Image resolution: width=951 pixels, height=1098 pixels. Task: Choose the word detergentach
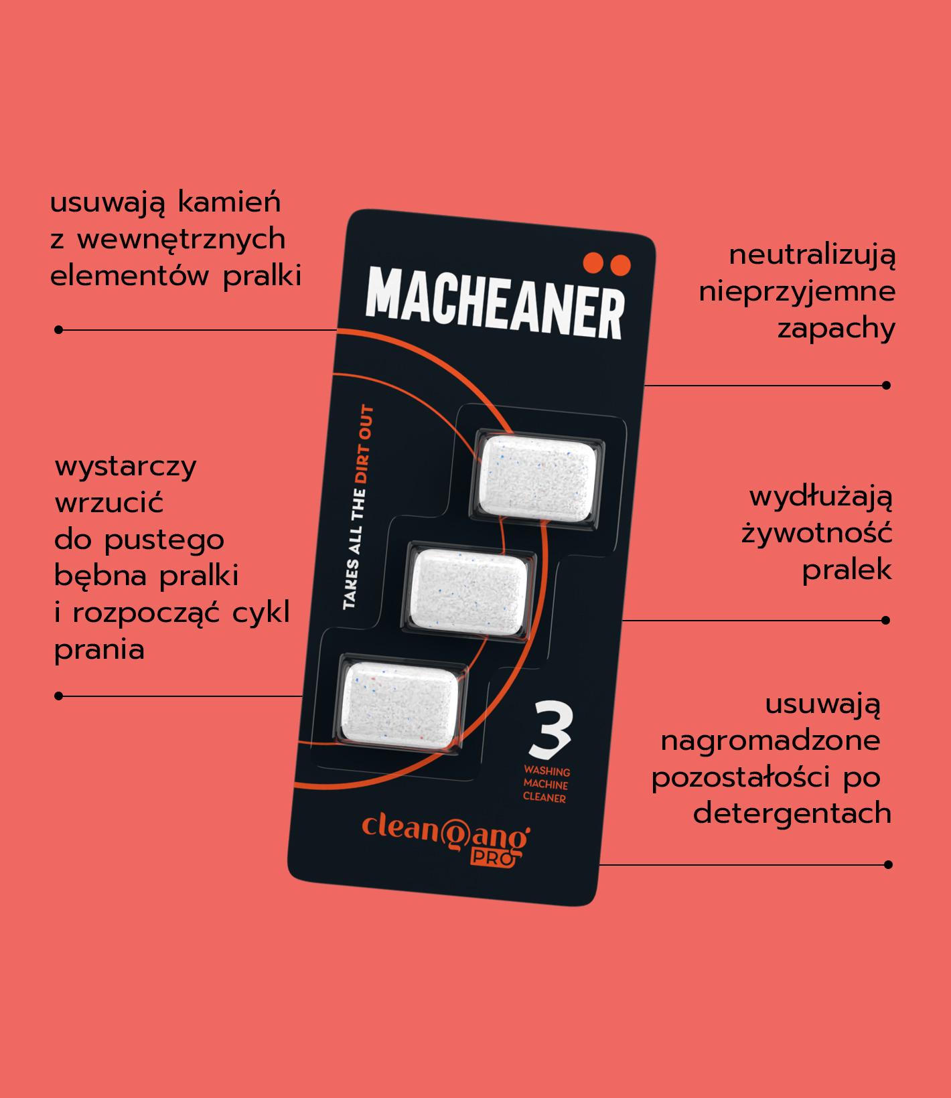coord(792,814)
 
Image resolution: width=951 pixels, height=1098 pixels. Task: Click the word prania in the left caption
coord(99,650)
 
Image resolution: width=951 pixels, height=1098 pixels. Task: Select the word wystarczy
coord(126,467)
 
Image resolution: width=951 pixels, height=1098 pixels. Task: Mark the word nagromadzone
coord(770,742)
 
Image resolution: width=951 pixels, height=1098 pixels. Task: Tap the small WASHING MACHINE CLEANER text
coord(546,785)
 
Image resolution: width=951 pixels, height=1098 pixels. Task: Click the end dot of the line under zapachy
coord(886,385)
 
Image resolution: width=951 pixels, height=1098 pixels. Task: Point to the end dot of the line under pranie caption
coord(58,696)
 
